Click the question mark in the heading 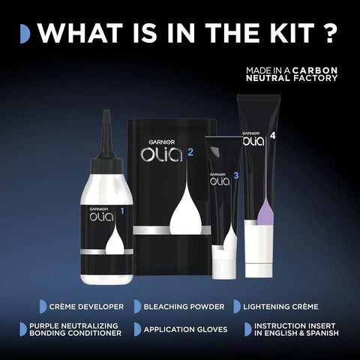tap(329, 33)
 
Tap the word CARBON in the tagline tap(315, 70)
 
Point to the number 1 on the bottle tap(122, 211)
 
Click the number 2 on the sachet tap(190, 152)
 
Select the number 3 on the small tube tap(236, 175)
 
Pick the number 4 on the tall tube tap(273, 136)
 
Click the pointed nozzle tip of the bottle tap(107, 110)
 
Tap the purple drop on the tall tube tap(265, 211)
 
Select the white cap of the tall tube tap(259, 271)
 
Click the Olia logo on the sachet tap(161, 154)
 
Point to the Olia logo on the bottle tap(101, 217)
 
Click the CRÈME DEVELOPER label tap(86, 307)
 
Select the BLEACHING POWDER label tap(184, 307)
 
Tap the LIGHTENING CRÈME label tap(280, 307)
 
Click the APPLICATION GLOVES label tap(185, 329)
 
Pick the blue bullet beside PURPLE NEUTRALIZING tap(23, 329)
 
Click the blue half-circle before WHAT tap(25, 34)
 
